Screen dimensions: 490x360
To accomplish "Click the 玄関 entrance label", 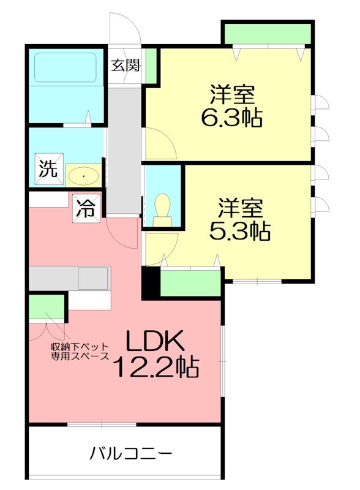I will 126,65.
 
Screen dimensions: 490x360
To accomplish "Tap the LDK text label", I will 156,341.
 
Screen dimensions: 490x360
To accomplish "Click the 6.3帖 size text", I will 232,117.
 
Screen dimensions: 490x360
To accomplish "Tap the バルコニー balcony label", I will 130,454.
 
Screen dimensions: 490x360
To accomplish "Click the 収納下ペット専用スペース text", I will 80,350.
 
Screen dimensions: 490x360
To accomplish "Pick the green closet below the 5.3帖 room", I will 190,284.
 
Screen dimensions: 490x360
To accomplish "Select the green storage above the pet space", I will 47,307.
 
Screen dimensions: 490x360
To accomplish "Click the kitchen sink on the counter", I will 92,278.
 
